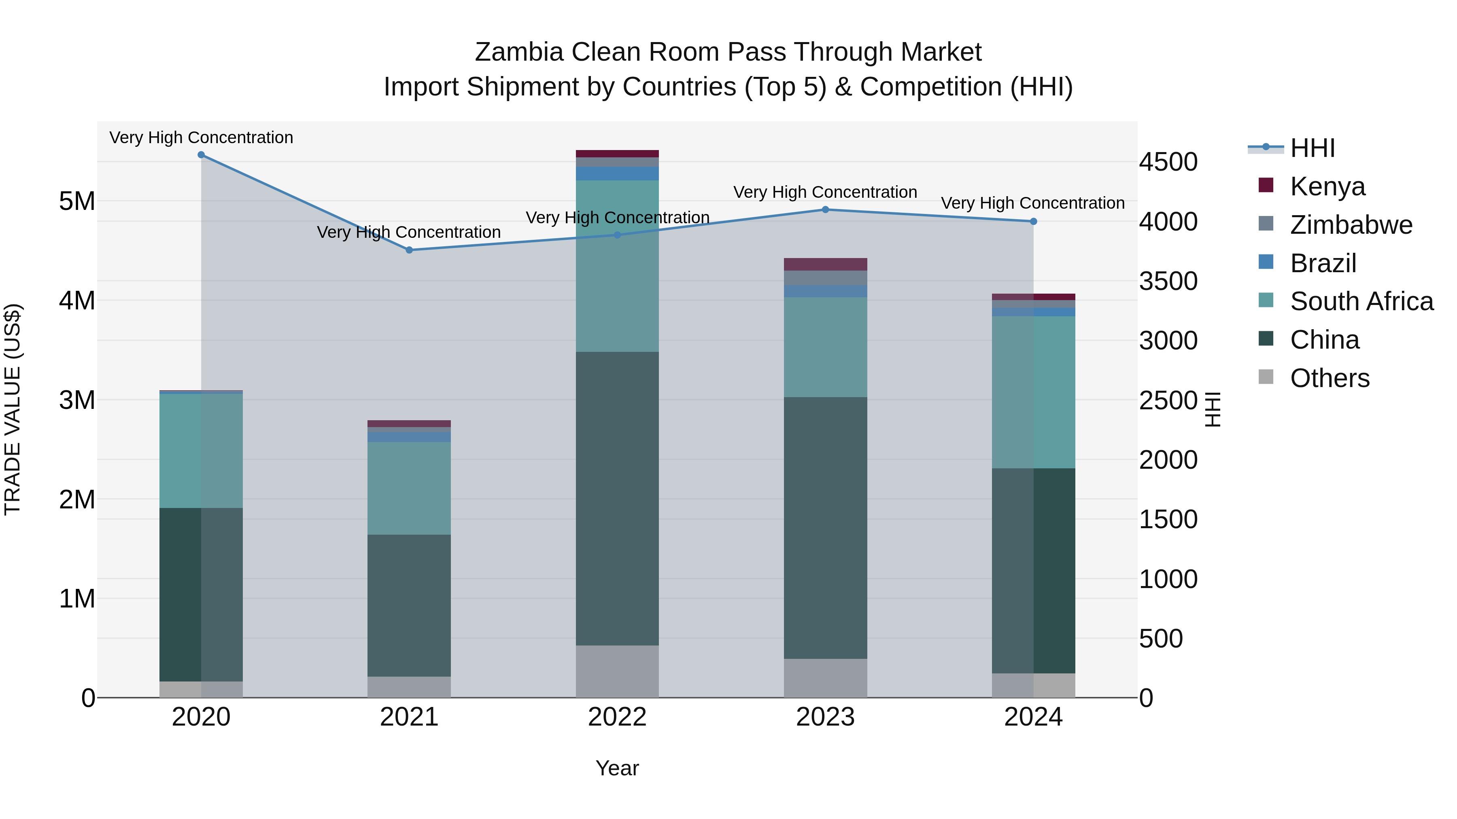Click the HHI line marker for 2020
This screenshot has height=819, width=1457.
coord(202,155)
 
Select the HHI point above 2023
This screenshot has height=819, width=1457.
coord(825,210)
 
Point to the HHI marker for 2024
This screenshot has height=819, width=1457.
coord(1033,222)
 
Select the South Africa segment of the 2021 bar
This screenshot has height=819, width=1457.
coord(409,488)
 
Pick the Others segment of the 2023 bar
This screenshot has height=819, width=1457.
coord(825,678)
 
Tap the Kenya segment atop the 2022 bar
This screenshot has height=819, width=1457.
coord(617,154)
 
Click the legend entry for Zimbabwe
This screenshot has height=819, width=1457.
coord(1351,225)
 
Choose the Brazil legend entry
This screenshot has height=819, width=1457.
coord(1323,263)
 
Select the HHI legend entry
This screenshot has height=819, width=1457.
coord(1312,148)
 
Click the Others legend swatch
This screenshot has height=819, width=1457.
coord(1266,377)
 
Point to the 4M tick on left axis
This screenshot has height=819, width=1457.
coord(77,301)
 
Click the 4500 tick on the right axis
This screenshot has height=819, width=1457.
coord(1168,162)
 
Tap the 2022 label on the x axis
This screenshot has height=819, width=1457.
coord(617,717)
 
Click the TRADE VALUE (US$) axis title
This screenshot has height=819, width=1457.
coord(13,409)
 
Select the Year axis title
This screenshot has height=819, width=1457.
coord(617,768)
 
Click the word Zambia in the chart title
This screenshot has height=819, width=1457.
coord(519,52)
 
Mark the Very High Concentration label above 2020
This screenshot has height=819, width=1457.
coord(202,138)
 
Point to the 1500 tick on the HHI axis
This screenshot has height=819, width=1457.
coord(1168,519)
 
